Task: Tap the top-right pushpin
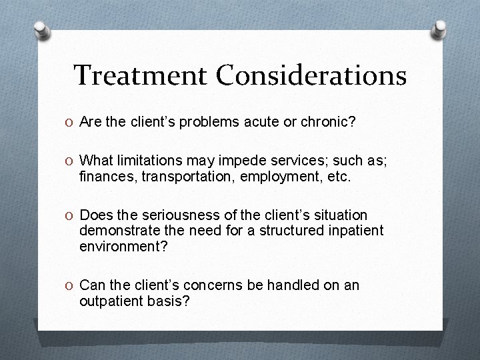(x=441, y=29)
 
